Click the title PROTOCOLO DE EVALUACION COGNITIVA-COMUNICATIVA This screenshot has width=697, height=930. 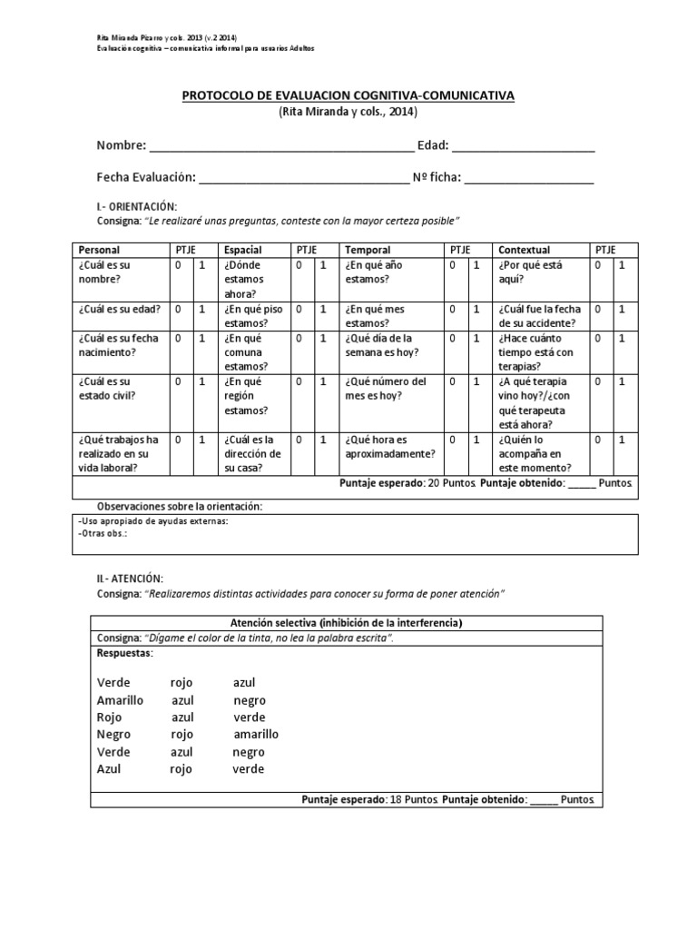point(348,95)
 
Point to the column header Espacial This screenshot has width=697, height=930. point(242,250)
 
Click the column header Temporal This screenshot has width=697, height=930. point(368,250)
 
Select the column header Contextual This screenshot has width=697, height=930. point(525,250)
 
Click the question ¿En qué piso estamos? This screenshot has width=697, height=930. point(253,315)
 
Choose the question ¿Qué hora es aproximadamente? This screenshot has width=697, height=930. point(389,447)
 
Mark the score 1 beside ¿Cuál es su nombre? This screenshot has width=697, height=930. point(202,265)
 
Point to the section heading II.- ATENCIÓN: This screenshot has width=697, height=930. point(130,578)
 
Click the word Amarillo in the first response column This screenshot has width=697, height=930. point(120,700)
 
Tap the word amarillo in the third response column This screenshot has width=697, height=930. point(256,735)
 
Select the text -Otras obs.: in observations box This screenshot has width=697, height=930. point(103,534)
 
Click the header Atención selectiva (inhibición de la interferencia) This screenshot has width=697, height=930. point(347,623)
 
